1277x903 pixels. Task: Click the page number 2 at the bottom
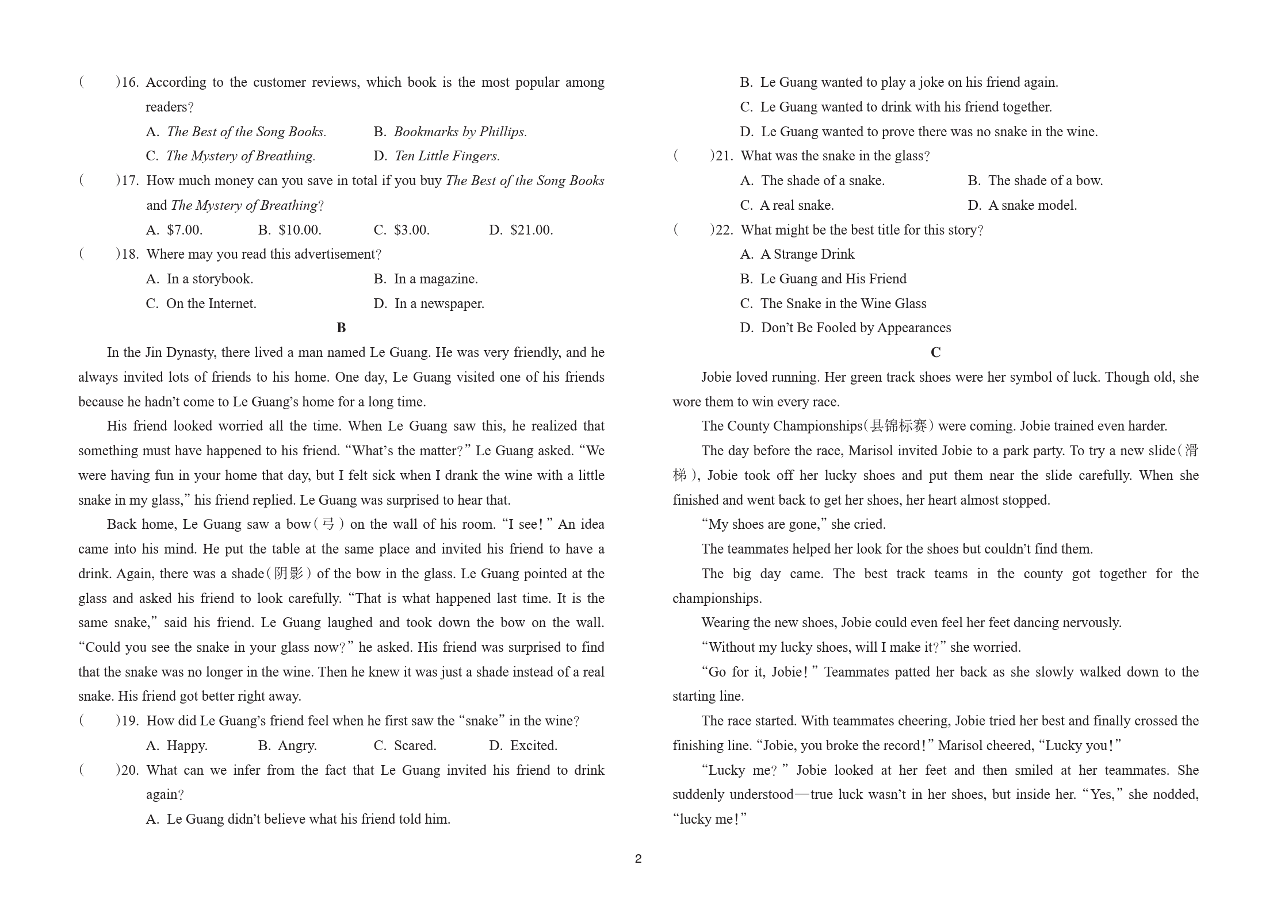tap(638, 859)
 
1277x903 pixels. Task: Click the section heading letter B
tap(341, 328)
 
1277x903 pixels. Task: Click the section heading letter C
tap(935, 352)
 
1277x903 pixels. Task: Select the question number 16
tap(130, 82)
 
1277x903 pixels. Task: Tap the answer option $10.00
tap(299, 230)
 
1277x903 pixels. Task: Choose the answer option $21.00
tap(531, 230)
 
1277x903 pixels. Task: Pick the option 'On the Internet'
tap(211, 303)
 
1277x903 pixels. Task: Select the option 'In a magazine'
tap(435, 279)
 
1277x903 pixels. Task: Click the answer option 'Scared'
tap(415, 746)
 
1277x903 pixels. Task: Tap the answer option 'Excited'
tap(533, 746)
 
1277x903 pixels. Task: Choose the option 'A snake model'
tap(1032, 205)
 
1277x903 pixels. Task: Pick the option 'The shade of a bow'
tap(1045, 180)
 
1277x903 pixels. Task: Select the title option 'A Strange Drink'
tap(807, 254)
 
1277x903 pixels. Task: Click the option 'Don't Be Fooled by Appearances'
tap(855, 328)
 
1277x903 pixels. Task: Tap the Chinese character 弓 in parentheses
tap(328, 524)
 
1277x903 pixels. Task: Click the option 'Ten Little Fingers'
tap(447, 156)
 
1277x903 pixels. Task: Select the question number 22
tap(724, 230)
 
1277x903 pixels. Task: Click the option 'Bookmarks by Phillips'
tap(460, 132)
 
